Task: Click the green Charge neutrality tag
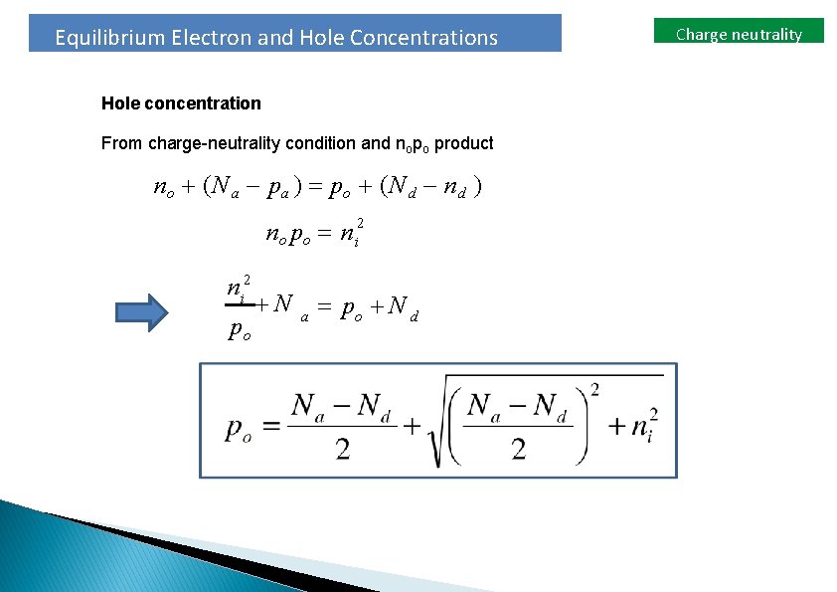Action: pos(739,34)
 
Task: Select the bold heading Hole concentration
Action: pos(181,103)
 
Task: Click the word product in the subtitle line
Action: pos(463,143)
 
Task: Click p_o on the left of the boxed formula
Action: pos(245,428)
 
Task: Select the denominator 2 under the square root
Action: pos(518,450)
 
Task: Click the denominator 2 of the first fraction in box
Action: pos(343,450)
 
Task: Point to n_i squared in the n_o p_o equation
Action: pos(349,233)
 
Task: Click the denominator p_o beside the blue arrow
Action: pos(240,329)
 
